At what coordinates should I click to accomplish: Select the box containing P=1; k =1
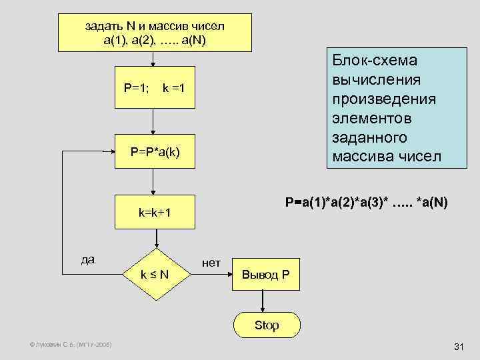[x=155, y=87]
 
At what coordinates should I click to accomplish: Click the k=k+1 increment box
[x=155, y=213]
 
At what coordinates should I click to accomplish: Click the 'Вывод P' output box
[x=265, y=275]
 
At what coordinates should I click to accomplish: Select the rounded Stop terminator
[x=265, y=325]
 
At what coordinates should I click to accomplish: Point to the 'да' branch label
[x=87, y=260]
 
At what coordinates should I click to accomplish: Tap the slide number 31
[x=458, y=347]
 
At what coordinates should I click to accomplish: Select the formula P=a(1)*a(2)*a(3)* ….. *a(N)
[x=366, y=201]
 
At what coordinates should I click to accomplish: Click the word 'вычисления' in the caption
[x=376, y=80]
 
